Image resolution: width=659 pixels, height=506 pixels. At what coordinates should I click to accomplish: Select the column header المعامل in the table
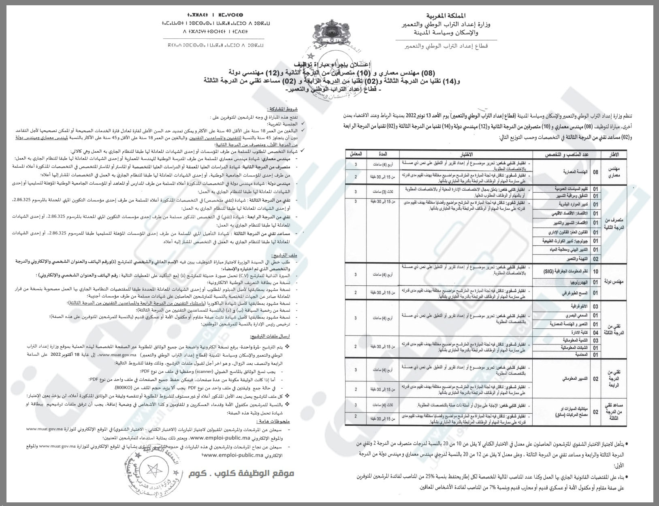[356, 154]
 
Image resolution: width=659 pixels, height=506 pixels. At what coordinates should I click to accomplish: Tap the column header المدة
[382, 154]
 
